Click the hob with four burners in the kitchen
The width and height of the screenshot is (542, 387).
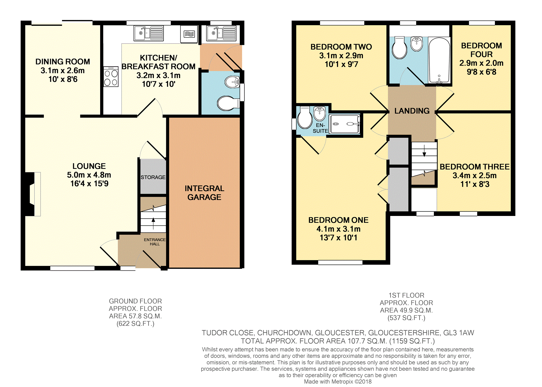click(111, 77)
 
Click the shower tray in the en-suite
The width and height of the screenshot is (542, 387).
click(344, 124)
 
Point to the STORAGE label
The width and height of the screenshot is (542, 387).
click(153, 177)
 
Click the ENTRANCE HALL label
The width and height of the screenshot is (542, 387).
click(155, 242)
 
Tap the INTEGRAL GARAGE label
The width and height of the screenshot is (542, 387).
click(204, 193)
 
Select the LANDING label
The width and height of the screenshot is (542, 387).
click(412, 111)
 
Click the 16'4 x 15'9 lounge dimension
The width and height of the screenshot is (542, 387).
click(89, 184)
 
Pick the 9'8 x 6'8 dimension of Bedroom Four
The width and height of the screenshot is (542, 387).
click(482, 72)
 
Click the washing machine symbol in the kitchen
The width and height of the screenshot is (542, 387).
click(189, 34)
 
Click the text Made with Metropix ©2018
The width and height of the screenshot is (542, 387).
click(338, 382)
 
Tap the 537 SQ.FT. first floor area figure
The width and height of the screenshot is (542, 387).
click(406, 318)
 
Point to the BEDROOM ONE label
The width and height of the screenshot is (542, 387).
click(338, 220)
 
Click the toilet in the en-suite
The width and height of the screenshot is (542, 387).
click(305, 118)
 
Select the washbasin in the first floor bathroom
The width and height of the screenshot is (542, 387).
click(416, 44)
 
